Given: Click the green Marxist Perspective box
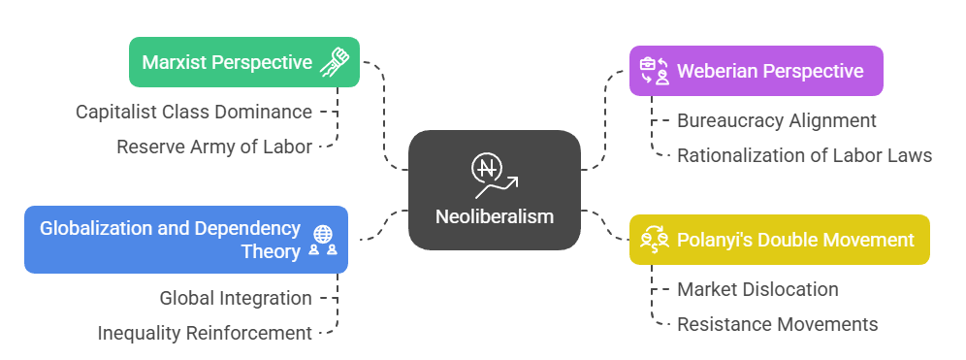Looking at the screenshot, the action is (244, 62).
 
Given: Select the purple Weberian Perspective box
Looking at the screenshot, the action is (756, 71).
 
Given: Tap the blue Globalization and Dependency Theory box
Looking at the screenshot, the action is (185, 240).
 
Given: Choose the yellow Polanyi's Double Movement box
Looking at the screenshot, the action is (779, 240).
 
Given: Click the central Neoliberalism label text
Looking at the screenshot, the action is (494, 215).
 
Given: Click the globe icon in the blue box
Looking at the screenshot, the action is (323, 233).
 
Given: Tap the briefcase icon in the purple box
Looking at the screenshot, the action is (648, 65).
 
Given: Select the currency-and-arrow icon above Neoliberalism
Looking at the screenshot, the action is (494, 174).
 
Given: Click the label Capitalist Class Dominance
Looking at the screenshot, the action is (194, 112).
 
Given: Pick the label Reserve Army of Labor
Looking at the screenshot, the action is (214, 147).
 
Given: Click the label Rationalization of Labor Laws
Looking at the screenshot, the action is (804, 155).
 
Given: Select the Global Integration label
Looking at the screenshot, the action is (236, 298).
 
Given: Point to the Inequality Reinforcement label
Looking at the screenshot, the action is (205, 333).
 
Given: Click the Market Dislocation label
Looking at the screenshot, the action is (757, 289).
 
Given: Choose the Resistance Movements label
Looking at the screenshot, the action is (777, 324).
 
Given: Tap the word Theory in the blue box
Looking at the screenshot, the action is (271, 251).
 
